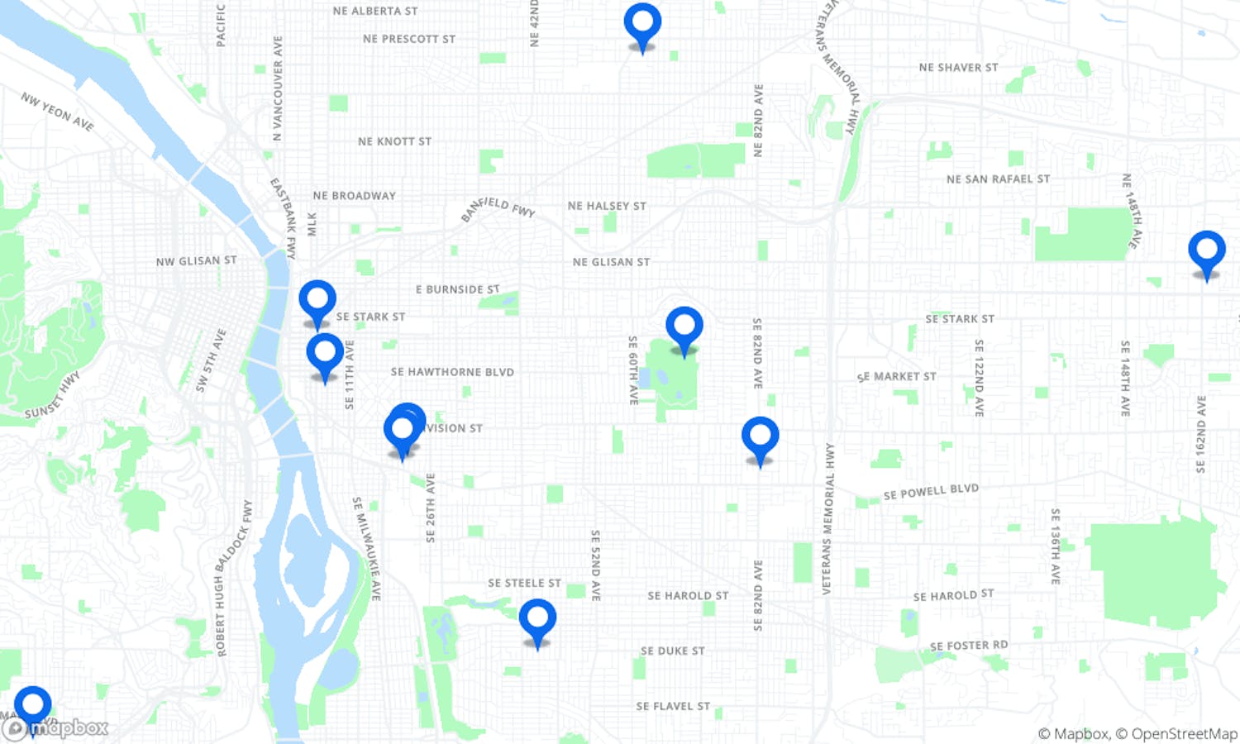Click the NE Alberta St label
374,12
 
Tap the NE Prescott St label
408,39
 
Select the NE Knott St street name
394,141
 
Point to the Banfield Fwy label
498,207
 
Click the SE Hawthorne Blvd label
452,372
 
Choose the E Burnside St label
457,289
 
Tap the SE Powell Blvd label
931,492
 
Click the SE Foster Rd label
968,646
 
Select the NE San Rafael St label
998,179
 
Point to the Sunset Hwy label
53,396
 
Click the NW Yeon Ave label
57,112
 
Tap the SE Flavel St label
673,706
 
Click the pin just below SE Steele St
537,620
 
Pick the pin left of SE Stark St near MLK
317,301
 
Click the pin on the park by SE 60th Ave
684,327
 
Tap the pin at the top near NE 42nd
642,24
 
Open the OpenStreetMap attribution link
1184,734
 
